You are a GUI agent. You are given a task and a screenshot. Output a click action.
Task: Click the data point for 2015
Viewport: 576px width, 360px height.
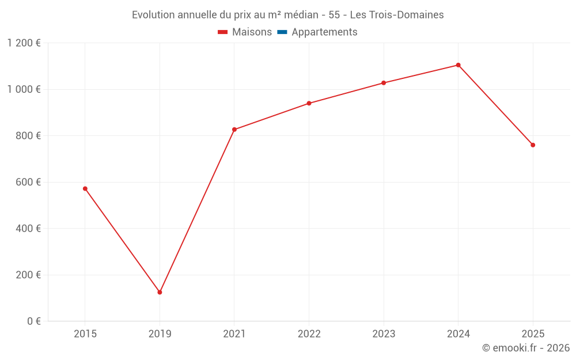coord(85,189)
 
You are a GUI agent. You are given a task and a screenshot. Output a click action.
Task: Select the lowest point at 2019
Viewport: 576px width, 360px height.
coord(160,293)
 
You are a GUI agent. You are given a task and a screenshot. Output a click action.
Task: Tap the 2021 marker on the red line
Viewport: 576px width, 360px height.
coord(234,130)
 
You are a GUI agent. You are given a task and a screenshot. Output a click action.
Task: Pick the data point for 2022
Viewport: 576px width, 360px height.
coord(309,103)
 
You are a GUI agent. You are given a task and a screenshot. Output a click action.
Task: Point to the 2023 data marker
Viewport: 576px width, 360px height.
coord(384,83)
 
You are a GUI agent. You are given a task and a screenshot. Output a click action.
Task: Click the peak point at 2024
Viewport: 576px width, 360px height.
coord(458,65)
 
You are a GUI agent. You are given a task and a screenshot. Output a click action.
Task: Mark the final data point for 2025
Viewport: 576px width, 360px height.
coord(533,145)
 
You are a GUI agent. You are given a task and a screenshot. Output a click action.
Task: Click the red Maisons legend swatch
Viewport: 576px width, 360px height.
coord(222,32)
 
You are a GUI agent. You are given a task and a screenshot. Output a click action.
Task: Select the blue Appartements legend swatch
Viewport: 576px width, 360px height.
coord(282,32)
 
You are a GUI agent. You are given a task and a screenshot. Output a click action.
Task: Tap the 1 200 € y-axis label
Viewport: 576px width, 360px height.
coord(24,43)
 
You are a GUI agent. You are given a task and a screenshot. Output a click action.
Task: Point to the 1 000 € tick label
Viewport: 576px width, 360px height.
coord(24,89)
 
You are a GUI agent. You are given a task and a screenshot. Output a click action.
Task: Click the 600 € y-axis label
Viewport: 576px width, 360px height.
coord(28,182)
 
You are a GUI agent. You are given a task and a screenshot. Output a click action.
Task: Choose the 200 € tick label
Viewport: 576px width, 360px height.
coord(28,275)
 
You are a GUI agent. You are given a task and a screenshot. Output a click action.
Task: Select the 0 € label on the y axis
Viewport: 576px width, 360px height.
coord(34,321)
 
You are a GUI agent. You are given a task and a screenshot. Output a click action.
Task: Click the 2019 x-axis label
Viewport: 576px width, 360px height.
coord(160,334)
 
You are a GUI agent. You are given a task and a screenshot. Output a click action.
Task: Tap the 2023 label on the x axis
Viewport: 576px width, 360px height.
coord(384,334)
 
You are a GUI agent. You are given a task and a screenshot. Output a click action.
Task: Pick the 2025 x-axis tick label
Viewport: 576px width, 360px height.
coord(533,334)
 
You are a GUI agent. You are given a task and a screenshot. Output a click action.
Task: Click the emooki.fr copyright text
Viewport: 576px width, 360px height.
coord(526,347)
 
